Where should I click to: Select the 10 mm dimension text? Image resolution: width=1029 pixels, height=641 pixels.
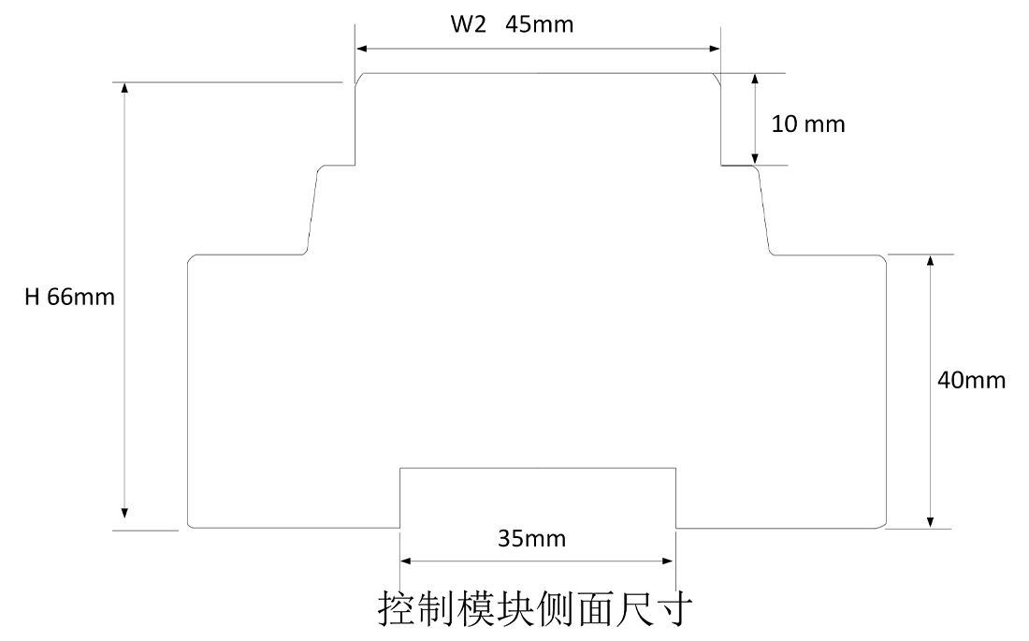coord(808,124)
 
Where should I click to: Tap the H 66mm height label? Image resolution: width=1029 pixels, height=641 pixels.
coord(70,298)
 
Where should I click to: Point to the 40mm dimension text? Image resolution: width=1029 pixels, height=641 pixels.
coord(971,380)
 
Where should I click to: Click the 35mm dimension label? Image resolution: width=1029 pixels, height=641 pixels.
coord(532,539)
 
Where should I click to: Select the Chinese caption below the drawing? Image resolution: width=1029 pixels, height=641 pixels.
coord(535,607)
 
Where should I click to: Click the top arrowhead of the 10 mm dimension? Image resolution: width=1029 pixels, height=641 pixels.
coord(754,79)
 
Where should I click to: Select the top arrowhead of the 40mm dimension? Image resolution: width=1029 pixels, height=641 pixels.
coord(929,260)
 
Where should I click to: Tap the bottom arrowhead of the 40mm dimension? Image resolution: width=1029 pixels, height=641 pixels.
coord(929,521)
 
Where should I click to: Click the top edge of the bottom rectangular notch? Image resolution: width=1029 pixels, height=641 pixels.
coord(538,467)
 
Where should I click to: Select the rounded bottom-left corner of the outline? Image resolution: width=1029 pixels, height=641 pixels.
coord(191,525)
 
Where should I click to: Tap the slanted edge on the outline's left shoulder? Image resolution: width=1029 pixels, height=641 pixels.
coord(312,211)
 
